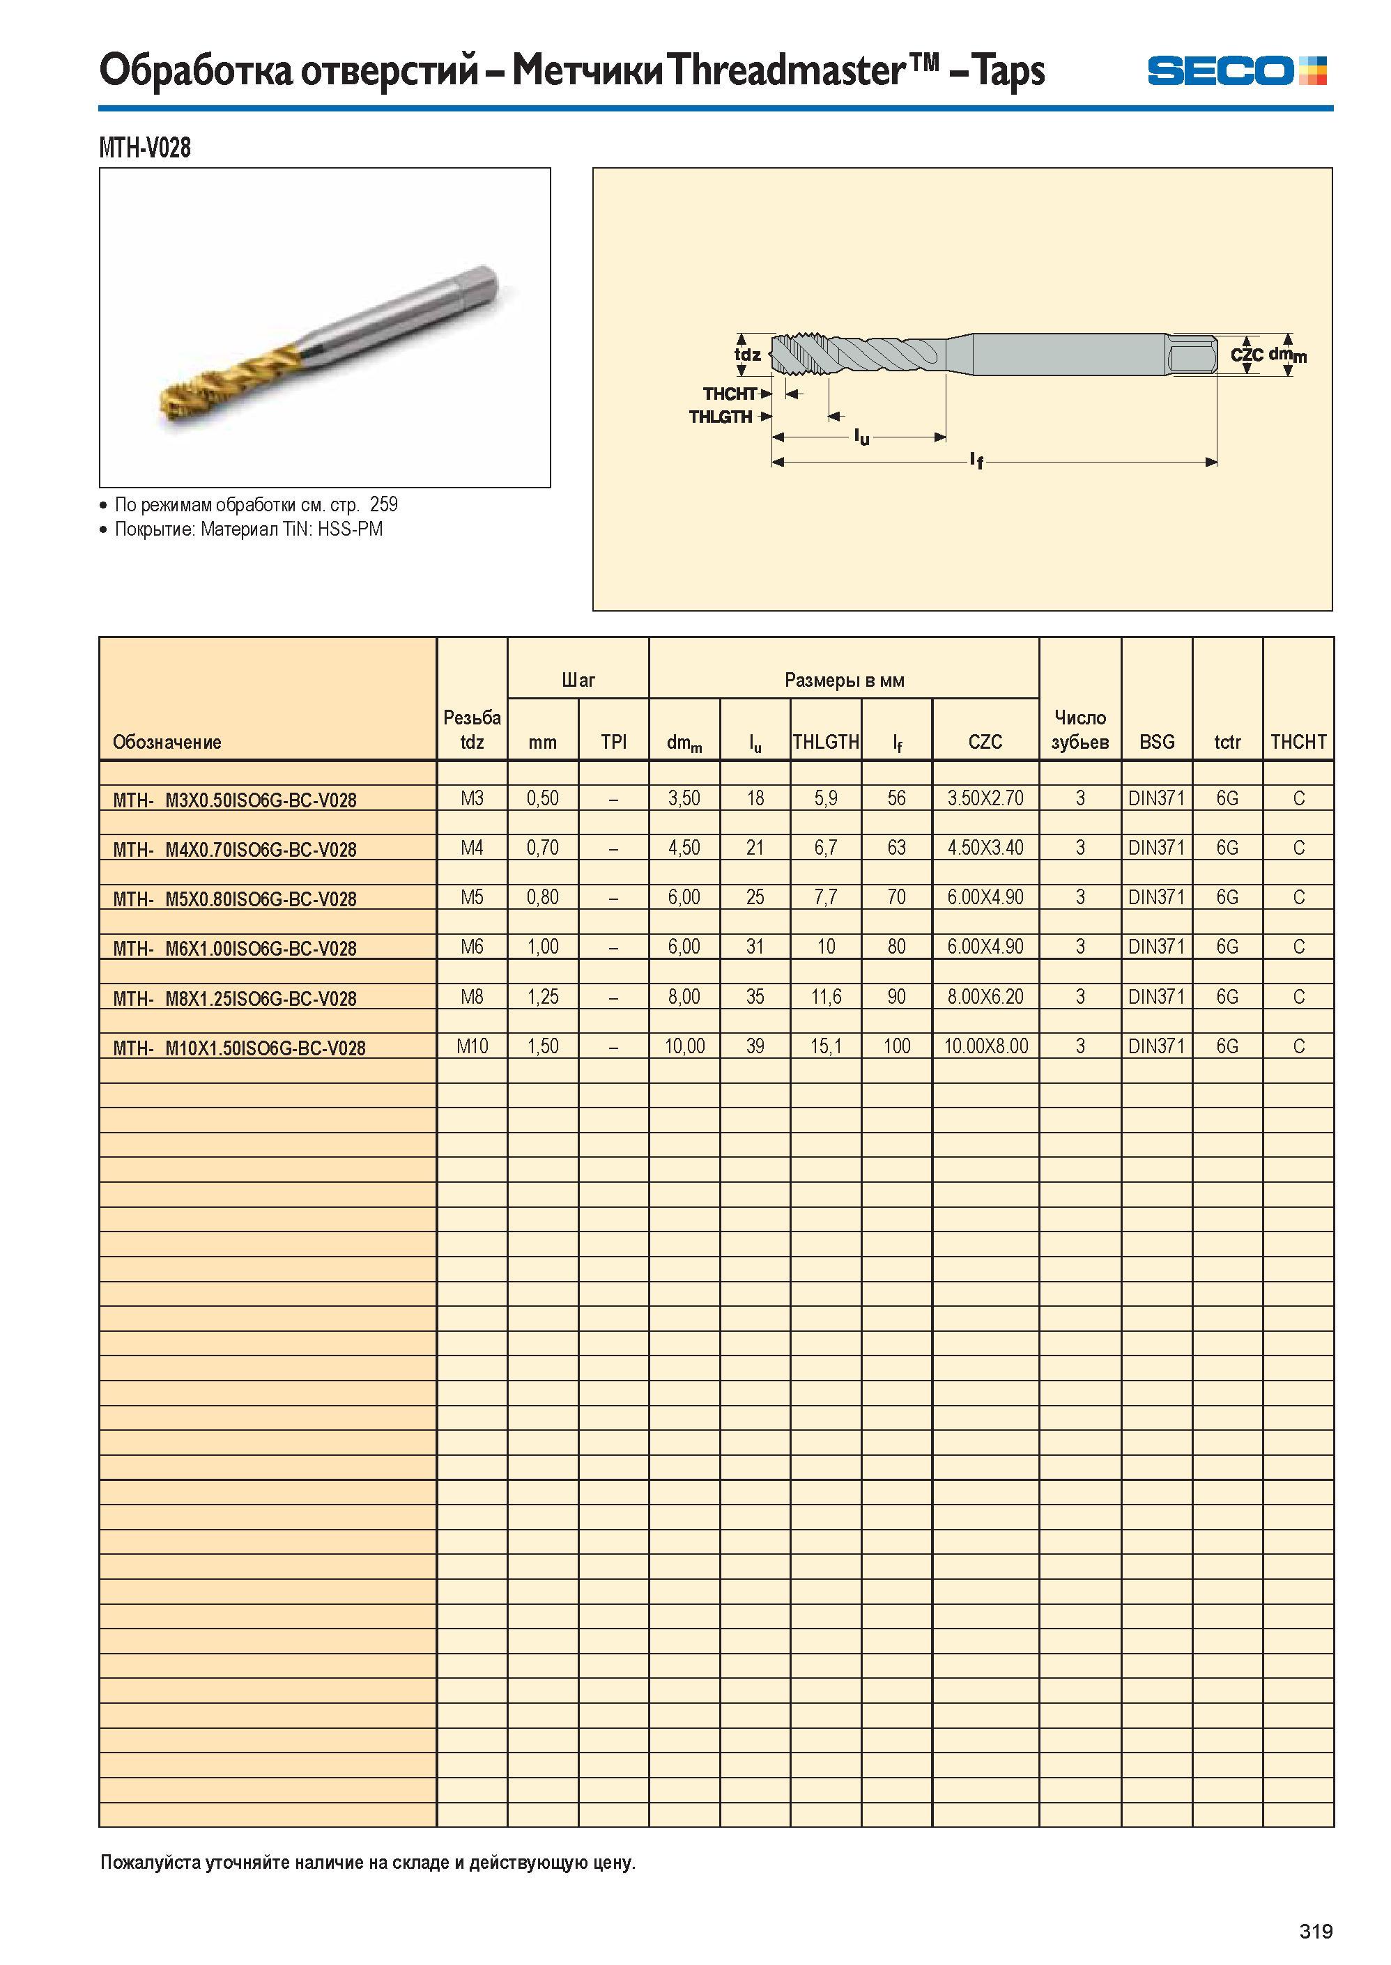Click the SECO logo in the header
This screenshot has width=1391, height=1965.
point(1237,70)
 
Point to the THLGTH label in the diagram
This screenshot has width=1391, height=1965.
point(721,417)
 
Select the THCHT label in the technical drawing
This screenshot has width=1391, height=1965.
point(730,394)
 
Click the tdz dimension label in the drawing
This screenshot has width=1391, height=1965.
point(748,355)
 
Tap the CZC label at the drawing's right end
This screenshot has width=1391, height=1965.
point(1246,354)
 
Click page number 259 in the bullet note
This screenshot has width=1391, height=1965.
point(384,504)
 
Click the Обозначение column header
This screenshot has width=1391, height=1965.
point(167,743)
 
